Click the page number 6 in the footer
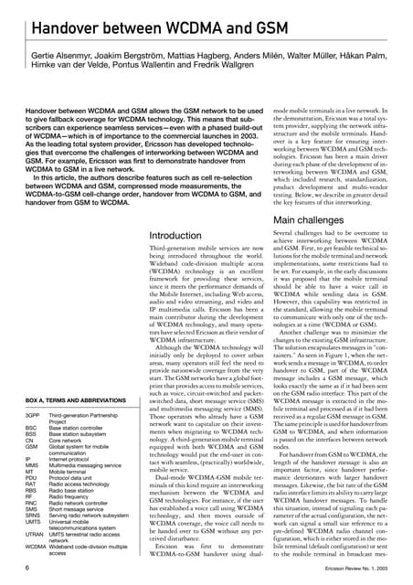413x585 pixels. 16,568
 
